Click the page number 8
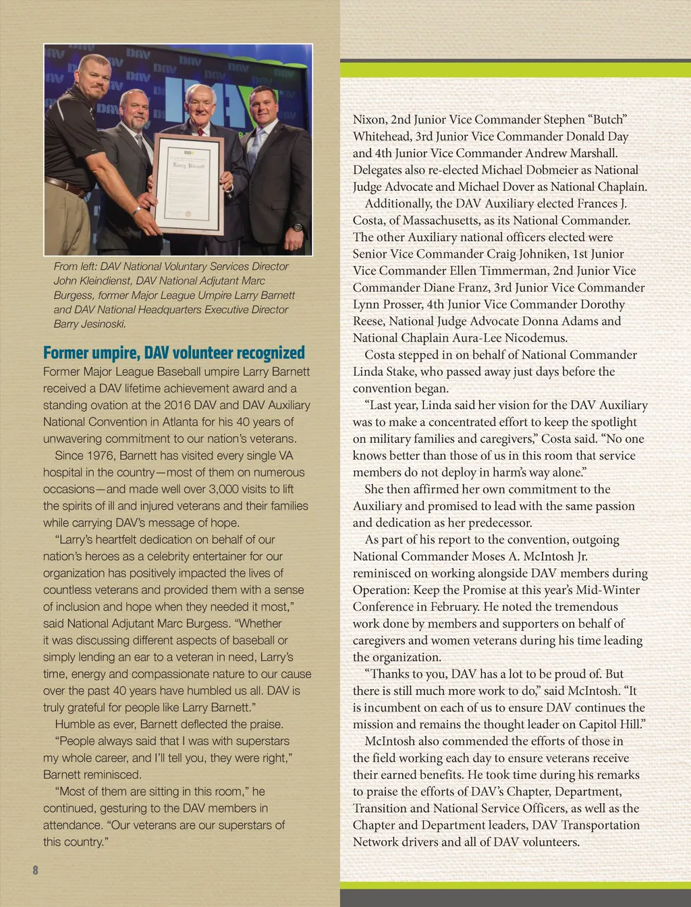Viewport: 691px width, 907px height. point(35,870)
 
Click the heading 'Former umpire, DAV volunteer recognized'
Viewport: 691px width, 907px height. point(173,353)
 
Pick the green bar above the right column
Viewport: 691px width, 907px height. point(516,70)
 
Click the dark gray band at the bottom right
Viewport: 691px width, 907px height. point(516,898)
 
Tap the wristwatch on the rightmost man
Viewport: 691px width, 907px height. point(298,227)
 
